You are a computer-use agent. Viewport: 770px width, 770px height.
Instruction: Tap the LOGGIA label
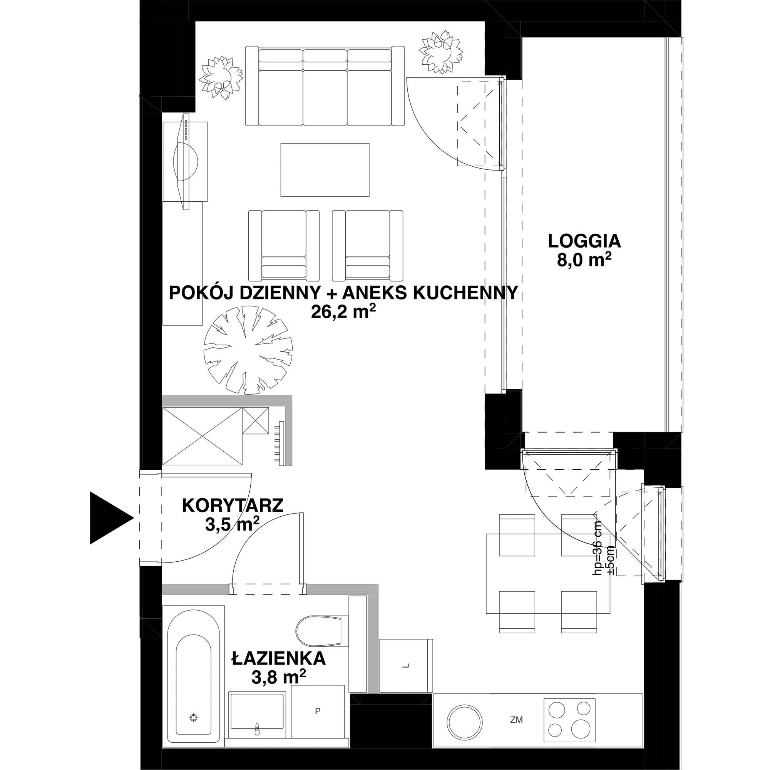584,241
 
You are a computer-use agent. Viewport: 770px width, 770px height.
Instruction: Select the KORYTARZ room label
233,506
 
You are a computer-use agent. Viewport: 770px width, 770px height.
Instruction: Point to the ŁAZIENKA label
279,659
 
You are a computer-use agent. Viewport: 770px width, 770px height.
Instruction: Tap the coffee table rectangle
325,170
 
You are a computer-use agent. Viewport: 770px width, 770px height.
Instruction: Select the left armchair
284,245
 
